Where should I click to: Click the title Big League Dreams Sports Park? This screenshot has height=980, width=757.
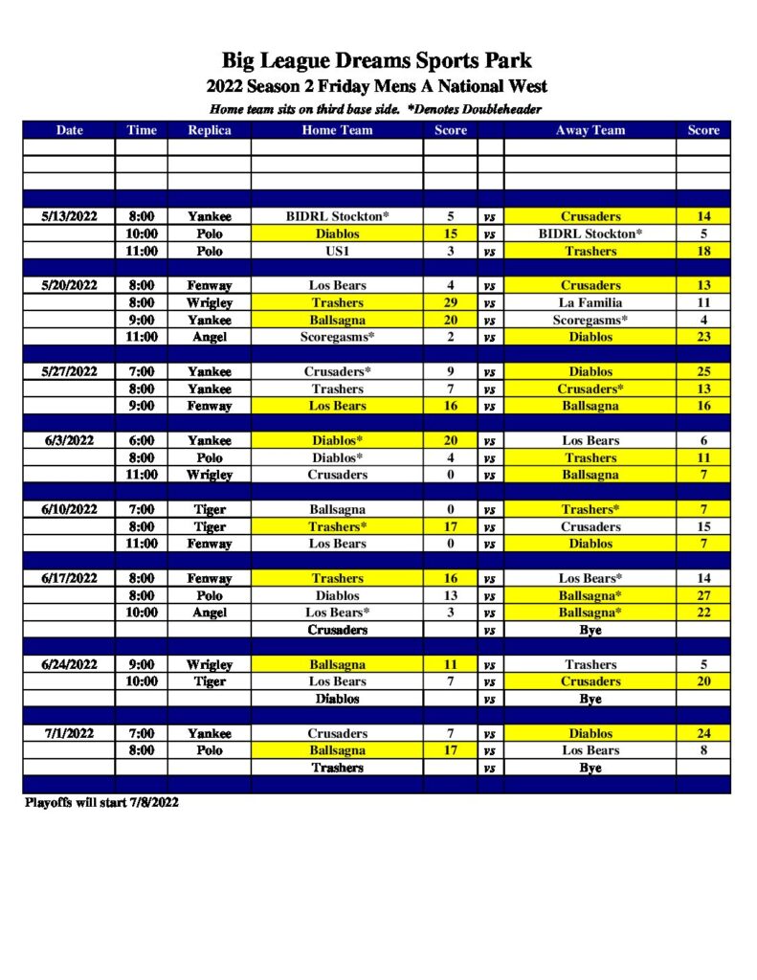(x=377, y=62)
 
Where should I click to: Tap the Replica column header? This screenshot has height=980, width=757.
(x=209, y=130)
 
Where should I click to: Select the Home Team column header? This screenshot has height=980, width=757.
(x=337, y=130)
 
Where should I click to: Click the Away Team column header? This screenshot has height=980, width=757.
(x=590, y=130)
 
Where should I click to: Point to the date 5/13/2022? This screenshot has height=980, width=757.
(x=69, y=216)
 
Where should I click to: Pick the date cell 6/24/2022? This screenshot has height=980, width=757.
(x=69, y=664)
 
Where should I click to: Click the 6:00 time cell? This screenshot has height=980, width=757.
(x=141, y=440)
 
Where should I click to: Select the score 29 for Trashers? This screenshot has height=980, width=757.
(x=450, y=302)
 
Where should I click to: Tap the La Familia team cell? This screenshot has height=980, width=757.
(x=590, y=302)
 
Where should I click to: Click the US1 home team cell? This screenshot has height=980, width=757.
(x=337, y=251)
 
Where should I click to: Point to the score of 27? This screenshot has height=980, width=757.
(x=703, y=595)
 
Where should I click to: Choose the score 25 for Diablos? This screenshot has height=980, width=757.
(x=703, y=371)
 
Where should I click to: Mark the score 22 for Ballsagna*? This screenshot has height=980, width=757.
(x=703, y=612)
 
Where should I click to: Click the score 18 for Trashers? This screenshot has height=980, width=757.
(x=703, y=251)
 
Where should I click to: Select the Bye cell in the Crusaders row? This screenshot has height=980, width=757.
(x=590, y=630)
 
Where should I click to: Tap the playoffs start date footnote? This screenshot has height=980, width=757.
(x=101, y=802)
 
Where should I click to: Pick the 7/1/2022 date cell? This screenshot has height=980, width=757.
(x=69, y=733)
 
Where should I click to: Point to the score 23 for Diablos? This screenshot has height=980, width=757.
(x=703, y=337)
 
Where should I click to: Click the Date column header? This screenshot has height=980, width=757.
(x=69, y=130)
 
